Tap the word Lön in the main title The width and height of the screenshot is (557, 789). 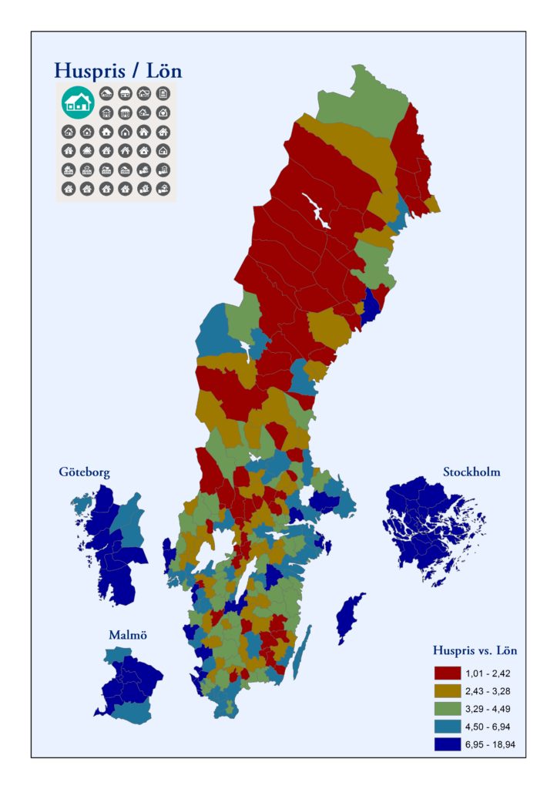pos(165,71)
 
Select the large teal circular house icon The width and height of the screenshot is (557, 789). pos(78,102)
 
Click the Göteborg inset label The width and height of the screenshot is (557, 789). pos(84,472)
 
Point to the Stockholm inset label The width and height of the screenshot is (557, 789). pos(471,472)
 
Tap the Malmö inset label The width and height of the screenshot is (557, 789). pos(127,635)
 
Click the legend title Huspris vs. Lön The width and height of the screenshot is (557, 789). pos(475,650)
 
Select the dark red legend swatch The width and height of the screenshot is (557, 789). pos(448,673)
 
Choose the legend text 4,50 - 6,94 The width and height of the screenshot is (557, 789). pos(493,727)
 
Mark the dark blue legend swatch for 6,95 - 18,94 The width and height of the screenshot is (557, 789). pos(448,744)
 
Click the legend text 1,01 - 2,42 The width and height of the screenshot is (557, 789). pos(493,673)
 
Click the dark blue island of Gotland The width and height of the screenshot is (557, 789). pos(351,616)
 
